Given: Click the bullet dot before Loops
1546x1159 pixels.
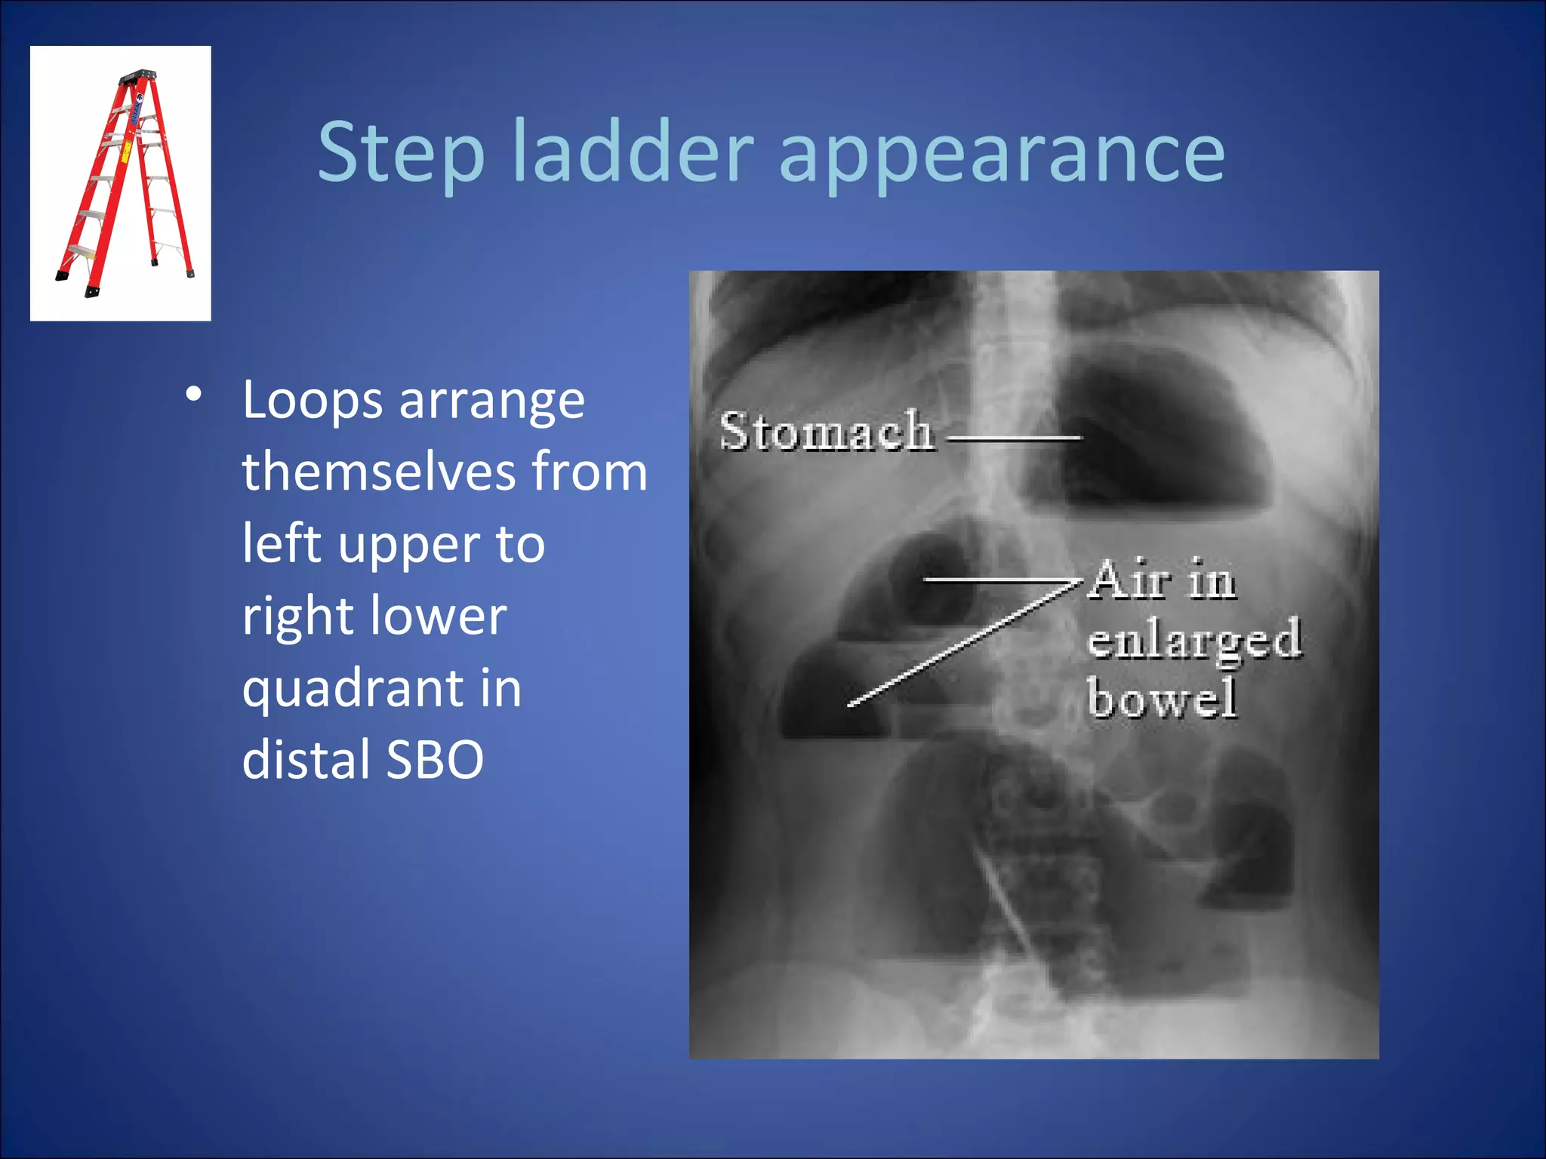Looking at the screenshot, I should click(x=194, y=394).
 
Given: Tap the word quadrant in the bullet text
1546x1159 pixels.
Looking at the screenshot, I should click(x=350, y=690).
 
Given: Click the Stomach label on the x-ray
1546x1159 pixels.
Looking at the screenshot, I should click(x=826, y=432).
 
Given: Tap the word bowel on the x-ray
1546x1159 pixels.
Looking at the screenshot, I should click(x=1162, y=698).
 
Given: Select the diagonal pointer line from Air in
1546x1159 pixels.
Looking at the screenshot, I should click(x=959, y=645).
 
